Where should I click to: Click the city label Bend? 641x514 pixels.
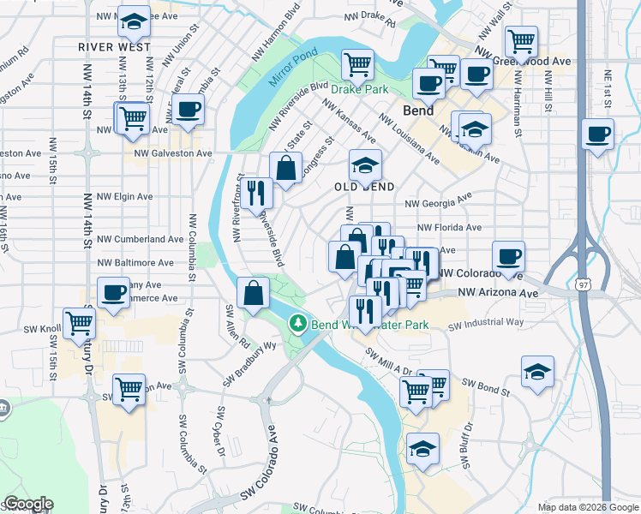coord(418,111)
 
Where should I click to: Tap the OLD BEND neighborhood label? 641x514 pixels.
coord(365,187)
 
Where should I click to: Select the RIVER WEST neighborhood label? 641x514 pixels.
coord(114,47)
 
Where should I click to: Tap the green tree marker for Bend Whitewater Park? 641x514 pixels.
coord(297,324)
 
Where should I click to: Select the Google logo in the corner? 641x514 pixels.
coord(27,504)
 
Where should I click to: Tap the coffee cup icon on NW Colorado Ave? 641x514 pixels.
coord(508,256)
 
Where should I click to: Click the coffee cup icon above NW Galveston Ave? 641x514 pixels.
coord(188,109)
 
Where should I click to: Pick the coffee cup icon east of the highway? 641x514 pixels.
coord(598,133)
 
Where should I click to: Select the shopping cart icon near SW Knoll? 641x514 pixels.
coord(79,323)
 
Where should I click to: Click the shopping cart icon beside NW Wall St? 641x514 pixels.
coord(521,39)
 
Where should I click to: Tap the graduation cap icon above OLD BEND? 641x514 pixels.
coord(365,164)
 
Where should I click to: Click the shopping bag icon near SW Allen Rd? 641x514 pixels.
coord(255,293)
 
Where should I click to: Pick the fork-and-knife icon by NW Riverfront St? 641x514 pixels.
coord(255,193)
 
